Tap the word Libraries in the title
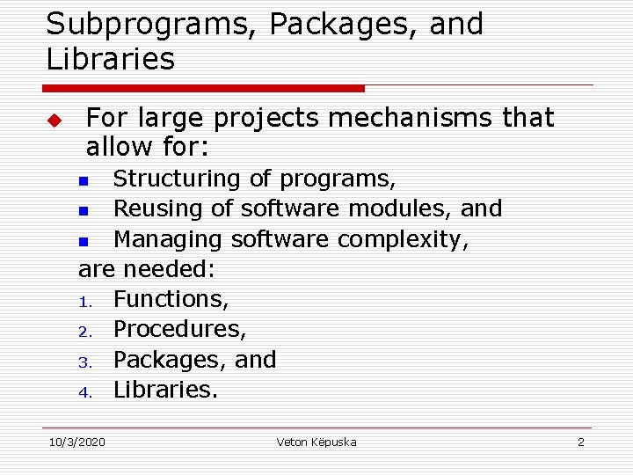(x=111, y=60)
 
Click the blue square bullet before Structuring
(x=84, y=181)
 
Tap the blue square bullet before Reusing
(x=84, y=211)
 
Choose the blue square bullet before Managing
(x=84, y=241)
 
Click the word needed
(x=172, y=268)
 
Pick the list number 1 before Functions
(x=85, y=302)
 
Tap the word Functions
(x=171, y=299)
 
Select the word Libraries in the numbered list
(x=165, y=389)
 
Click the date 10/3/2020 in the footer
(x=76, y=442)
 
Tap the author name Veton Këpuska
(x=316, y=442)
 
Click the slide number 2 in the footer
(x=580, y=442)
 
